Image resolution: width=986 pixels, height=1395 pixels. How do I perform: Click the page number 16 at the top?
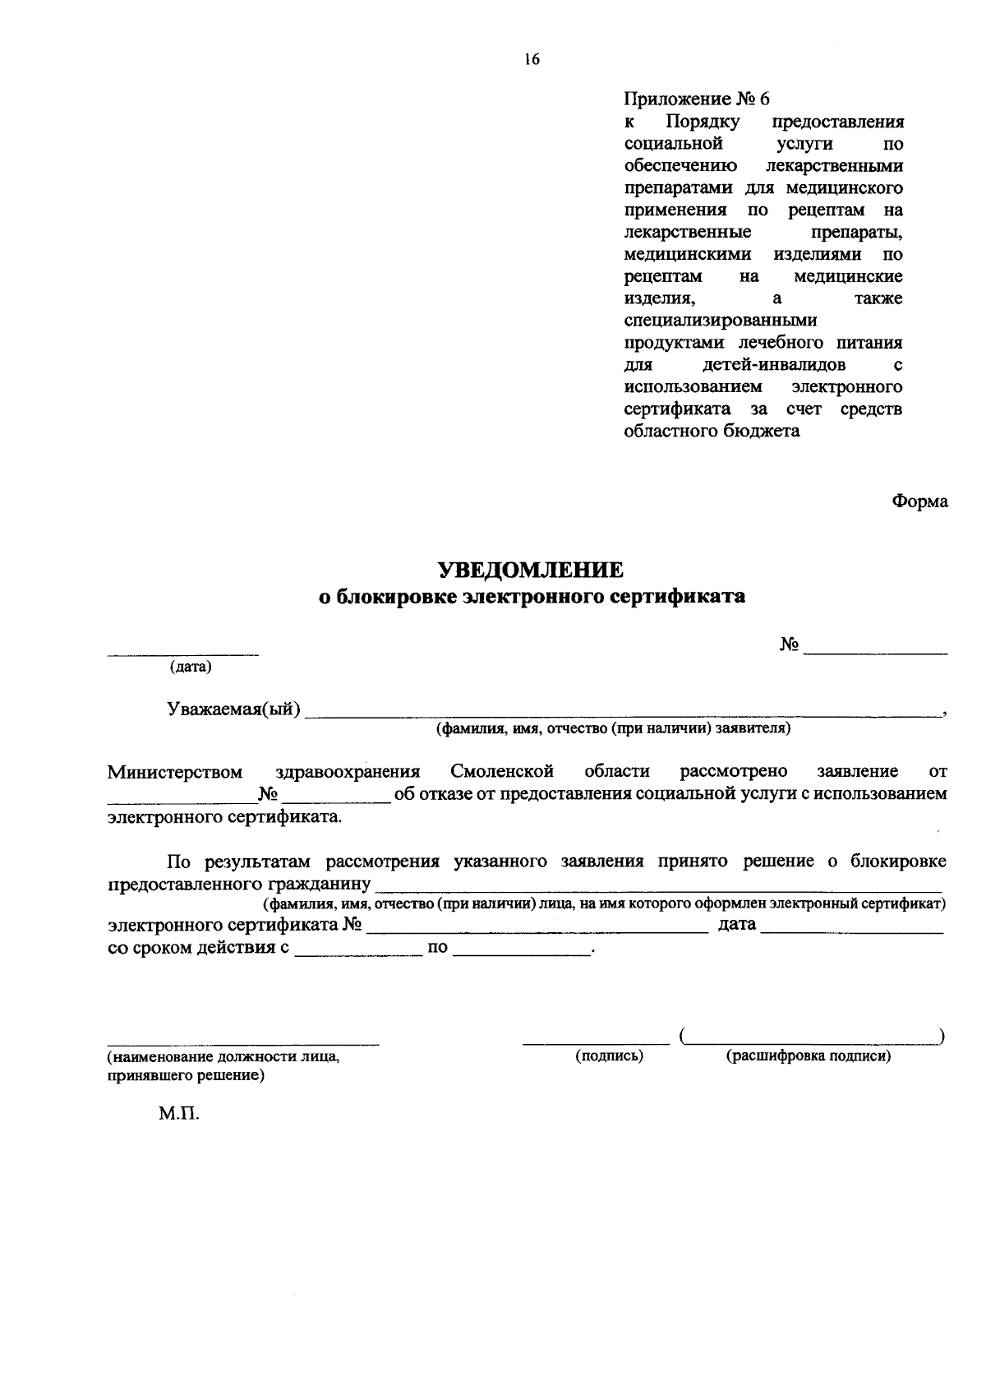tap(532, 58)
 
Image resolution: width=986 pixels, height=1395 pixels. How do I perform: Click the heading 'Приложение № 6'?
tap(697, 99)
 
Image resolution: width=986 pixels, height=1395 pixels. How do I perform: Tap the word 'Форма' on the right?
tap(919, 501)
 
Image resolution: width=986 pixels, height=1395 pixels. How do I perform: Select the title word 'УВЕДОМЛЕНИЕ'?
tap(529, 570)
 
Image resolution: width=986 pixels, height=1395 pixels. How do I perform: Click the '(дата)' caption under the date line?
tap(191, 667)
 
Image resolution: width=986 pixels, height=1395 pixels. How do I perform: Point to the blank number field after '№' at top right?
tap(876, 652)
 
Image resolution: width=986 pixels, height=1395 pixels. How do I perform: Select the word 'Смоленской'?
tap(501, 772)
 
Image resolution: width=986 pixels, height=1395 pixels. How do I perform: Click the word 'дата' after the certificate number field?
tap(737, 925)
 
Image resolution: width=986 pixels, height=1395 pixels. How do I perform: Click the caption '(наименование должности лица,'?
tap(223, 1058)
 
